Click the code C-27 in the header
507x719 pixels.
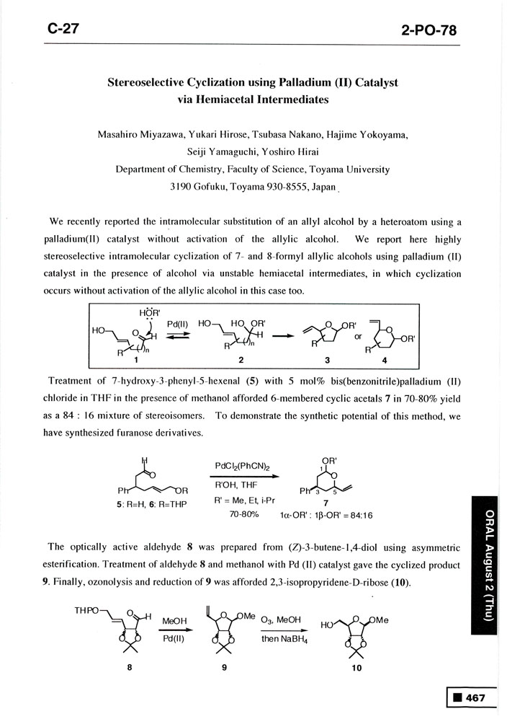(x=63, y=28)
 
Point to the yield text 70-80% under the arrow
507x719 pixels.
(x=243, y=516)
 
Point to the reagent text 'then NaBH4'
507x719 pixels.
(x=281, y=638)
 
